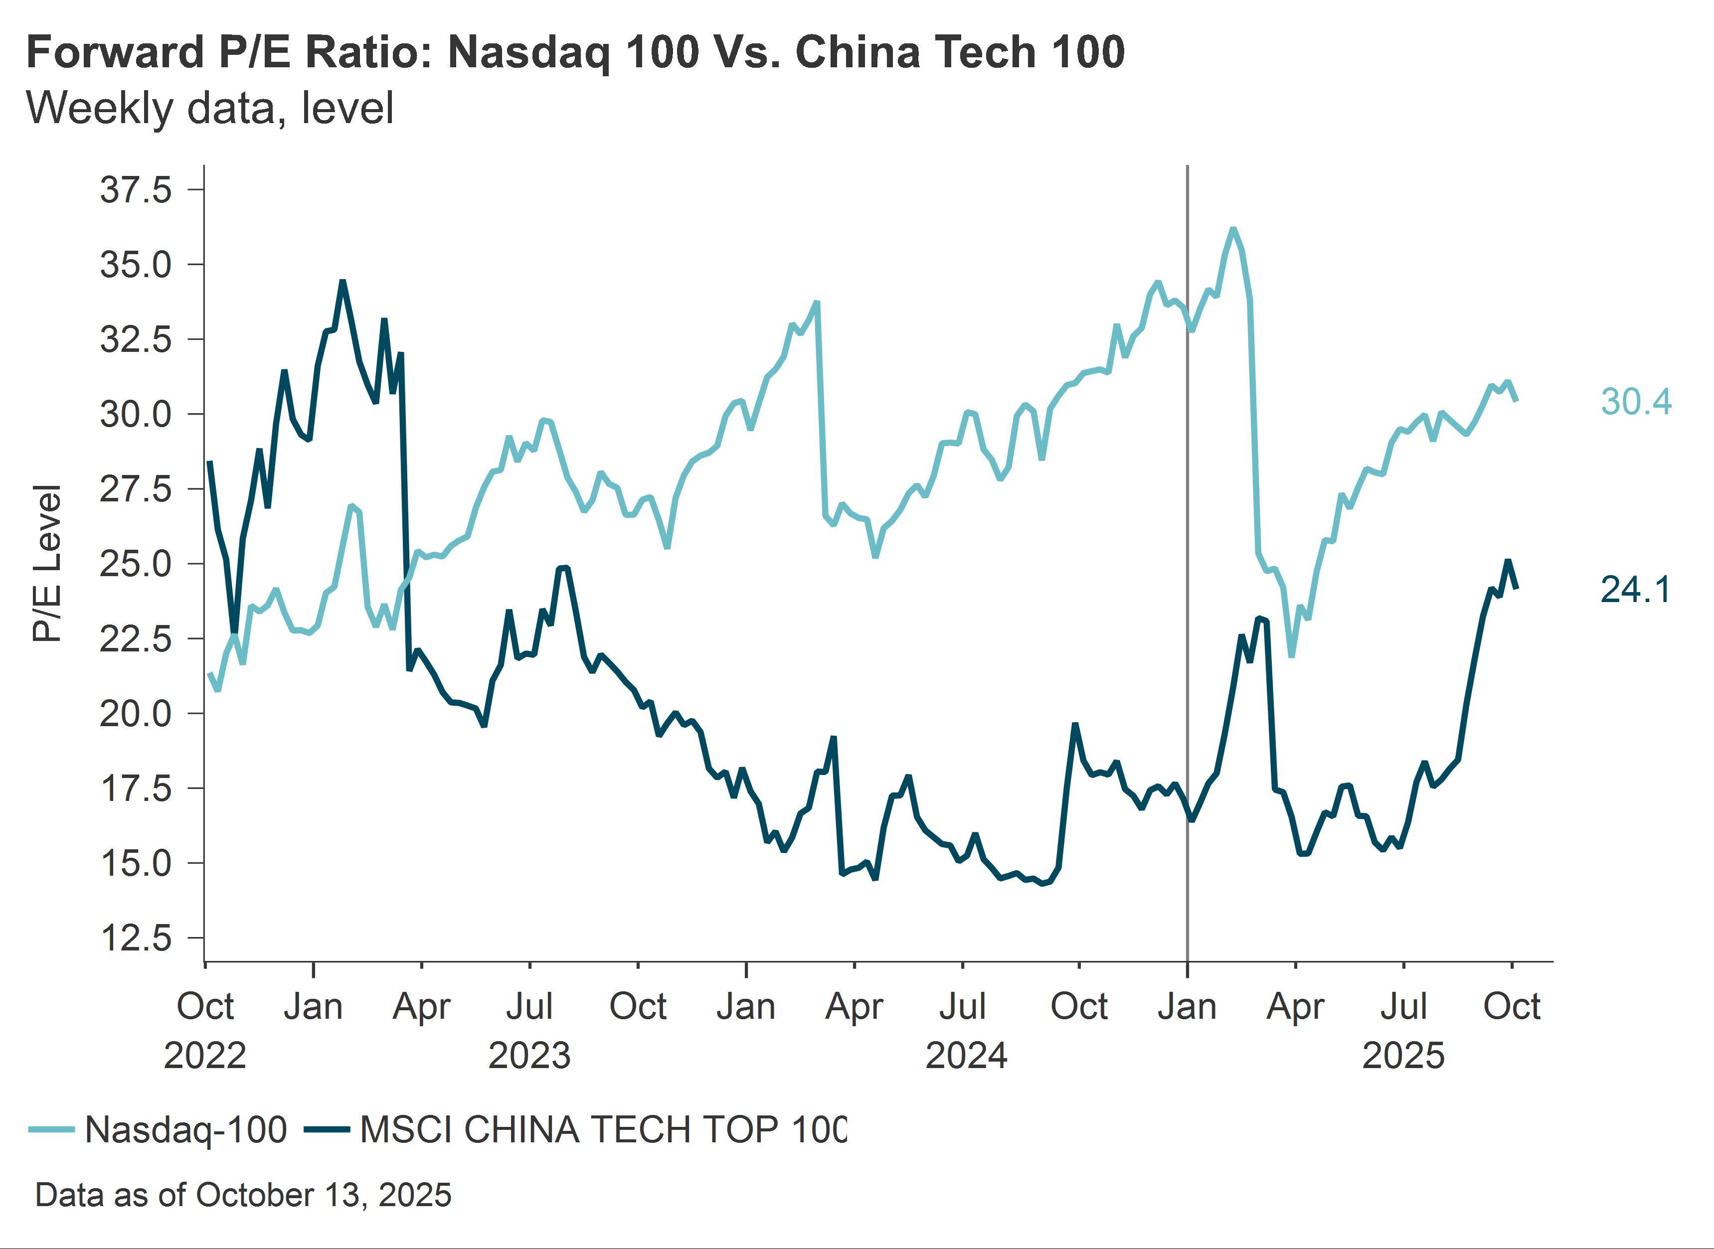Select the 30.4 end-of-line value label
[x=1635, y=402]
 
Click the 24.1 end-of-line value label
[x=1635, y=589]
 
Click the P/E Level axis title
[x=47, y=563]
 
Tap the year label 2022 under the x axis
[x=205, y=1055]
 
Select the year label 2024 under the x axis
[x=966, y=1055]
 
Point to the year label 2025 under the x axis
[x=1403, y=1055]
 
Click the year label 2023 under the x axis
[x=529, y=1055]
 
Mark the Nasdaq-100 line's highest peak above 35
[x=1233, y=229]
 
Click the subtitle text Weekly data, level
[x=210, y=108]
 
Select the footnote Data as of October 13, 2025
[x=243, y=1195]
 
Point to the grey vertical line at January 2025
[x=1187, y=605]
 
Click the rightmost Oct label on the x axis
[x=1512, y=1006]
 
